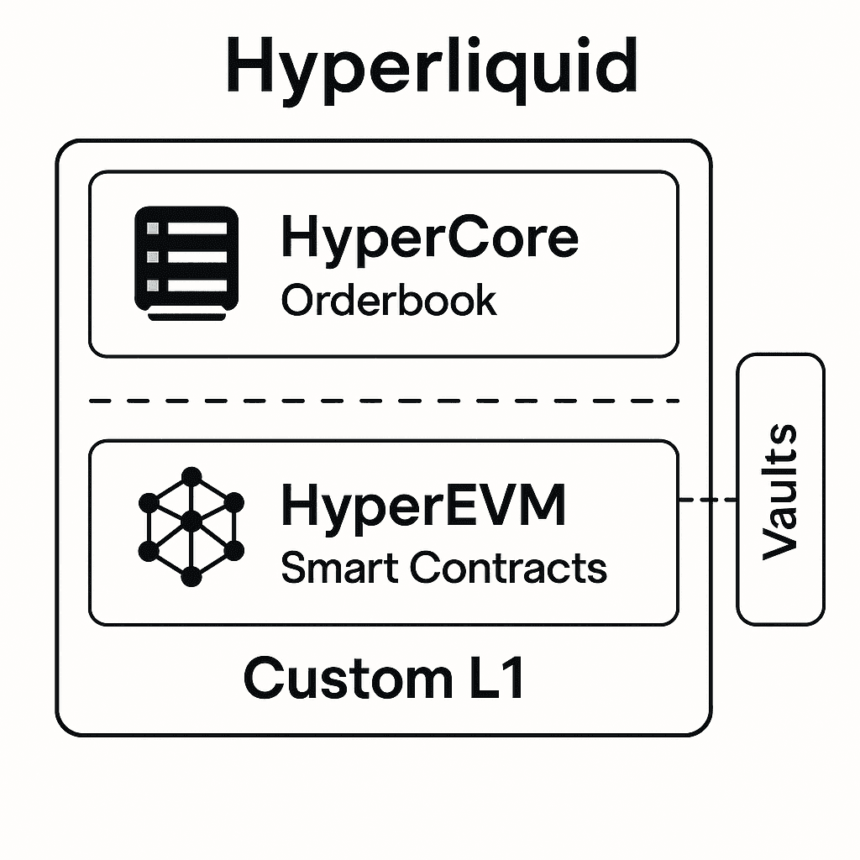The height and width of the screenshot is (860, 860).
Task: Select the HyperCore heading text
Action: point(429,238)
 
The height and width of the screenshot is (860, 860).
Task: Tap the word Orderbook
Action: point(389,300)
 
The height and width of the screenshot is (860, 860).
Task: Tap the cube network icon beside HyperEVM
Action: point(191,527)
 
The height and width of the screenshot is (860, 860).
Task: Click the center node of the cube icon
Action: point(191,522)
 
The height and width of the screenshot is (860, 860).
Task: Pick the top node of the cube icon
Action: point(191,476)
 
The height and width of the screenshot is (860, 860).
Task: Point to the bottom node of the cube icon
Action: point(191,576)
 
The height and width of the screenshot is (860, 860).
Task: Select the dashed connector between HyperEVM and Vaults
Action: point(707,501)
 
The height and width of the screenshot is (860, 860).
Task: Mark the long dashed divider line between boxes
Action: point(384,401)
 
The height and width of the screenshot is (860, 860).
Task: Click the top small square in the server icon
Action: point(153,228)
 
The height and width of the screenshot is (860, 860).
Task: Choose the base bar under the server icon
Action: point(186,315)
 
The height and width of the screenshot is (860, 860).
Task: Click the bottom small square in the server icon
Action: point(153,286)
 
